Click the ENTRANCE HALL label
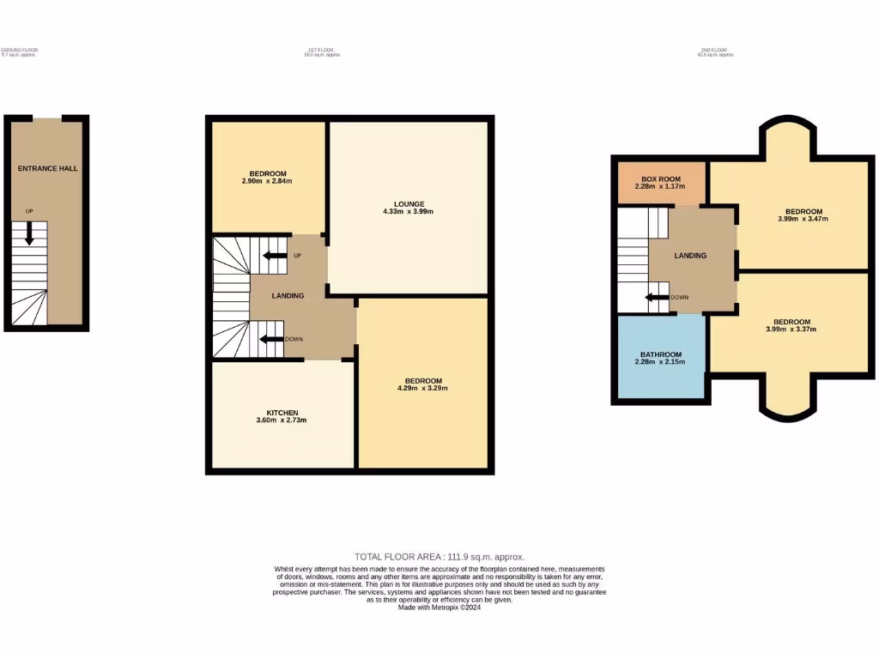(x=48, y=168)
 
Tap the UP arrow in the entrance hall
(x=30, y=233)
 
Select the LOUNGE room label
(x=409, y=203)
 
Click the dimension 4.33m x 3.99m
(x=409, y=211)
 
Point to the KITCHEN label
(x=282, y=413)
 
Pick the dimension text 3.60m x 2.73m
(x=282, y=420)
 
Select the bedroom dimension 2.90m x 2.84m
(x=268, y=181)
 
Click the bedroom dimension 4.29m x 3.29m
(x=423, y=388)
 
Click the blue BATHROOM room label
(x=661, y=354)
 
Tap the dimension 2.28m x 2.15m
(x=661, y=362)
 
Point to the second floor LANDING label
(x=690, y=256)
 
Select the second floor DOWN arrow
(x=658, y=298)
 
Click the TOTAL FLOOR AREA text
(x=439, y=557)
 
